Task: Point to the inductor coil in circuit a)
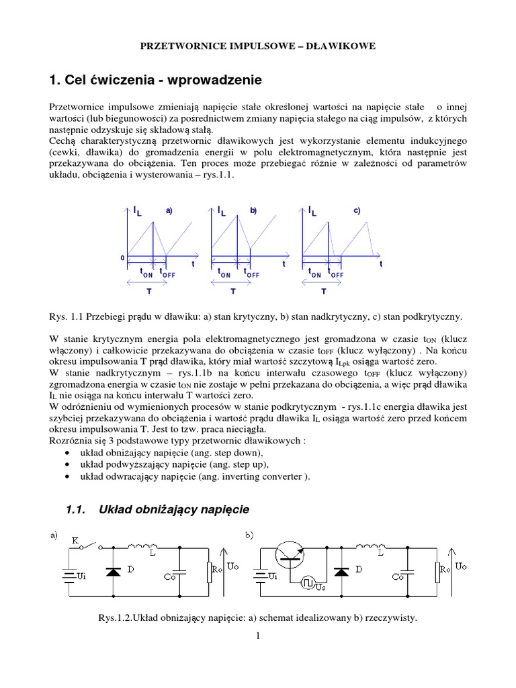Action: tap(142, 545)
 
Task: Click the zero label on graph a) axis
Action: tap(122, 257)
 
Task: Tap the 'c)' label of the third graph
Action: tap(357, 211)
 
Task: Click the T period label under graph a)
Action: tap(148, 292)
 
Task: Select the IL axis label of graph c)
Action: tap(314, 212)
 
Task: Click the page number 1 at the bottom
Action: tap(257, 638)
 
